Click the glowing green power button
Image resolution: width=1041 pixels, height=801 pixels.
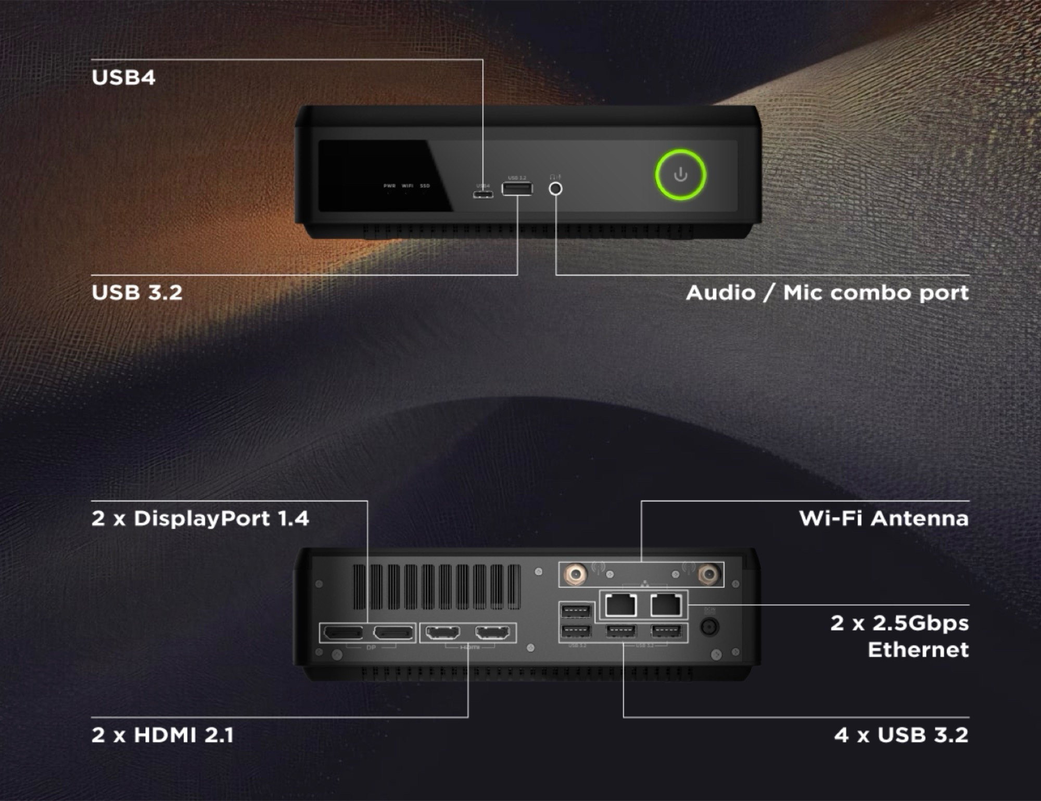coord(680,175)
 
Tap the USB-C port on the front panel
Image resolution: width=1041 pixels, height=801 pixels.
coord(483,195)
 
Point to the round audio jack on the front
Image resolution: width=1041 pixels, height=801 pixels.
coord(555,188)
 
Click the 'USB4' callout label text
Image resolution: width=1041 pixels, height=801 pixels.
coord(123,77)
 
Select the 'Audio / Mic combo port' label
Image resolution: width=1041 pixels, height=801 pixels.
coord(827,293)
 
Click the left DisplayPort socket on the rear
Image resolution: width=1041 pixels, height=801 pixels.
coord(344,633)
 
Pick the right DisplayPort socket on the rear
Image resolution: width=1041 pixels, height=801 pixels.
coord(393,633)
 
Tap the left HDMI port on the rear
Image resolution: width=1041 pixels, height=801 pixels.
coord(443,633)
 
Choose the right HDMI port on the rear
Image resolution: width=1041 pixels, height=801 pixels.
coord(492,633)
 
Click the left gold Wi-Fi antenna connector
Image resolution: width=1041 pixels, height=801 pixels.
coord(576,575)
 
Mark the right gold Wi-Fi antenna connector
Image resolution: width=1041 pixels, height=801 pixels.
coord(708,575)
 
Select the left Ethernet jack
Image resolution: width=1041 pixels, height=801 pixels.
coord(621,605)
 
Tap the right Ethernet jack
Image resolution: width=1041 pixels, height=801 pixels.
coord(666,605)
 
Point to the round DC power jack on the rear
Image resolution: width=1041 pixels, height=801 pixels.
coord(709,627)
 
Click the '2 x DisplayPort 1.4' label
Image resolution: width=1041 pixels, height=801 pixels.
coord(200,519)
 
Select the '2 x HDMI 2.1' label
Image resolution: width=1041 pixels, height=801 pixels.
coord(162,735)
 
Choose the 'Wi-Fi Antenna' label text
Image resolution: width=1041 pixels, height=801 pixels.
coord(884,519)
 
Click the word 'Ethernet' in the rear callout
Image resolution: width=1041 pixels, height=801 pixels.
coord(918,650)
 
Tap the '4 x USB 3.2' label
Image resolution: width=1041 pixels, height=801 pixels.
coord(901,735)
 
